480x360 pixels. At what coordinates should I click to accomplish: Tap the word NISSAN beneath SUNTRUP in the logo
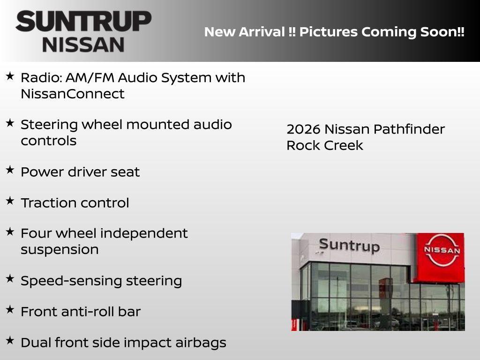tap(83, 44)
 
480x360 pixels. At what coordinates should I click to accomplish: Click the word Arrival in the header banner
tap(262, 32)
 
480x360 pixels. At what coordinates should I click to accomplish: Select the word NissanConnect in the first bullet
tap(73, 94)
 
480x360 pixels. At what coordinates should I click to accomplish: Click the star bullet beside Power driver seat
tap(10, 170)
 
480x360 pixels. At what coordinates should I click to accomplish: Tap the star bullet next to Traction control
tap(10, 201)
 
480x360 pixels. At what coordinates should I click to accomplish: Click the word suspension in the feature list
tap(60, 249)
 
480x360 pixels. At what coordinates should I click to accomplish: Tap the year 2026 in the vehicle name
tap(303, 129)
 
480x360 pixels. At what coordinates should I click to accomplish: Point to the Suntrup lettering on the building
tap(349, 245)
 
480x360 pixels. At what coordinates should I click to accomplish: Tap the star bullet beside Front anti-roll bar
tap(10, 310)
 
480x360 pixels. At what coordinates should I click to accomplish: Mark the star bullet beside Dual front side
tap(10, 341)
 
